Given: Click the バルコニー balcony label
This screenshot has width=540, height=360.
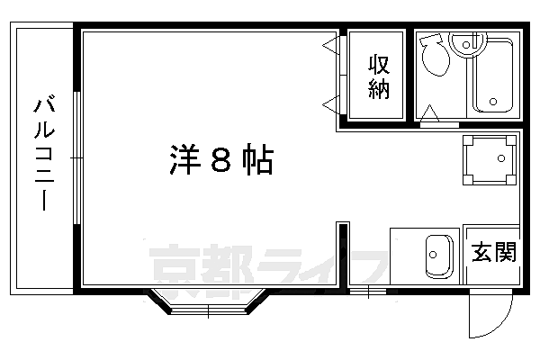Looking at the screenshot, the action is coord(41,153).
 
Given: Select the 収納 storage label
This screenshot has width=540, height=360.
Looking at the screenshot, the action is coord(378,76).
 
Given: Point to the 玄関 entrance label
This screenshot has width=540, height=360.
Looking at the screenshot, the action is coord(494,251).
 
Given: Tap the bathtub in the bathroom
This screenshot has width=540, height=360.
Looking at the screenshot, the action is coord(492,76).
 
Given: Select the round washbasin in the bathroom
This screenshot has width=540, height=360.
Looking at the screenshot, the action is coord(467,40).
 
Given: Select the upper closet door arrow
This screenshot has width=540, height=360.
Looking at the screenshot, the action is coord(330,44).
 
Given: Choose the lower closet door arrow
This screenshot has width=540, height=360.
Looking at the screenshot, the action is coord(330,102).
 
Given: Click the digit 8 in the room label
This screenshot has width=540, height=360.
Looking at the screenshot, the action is coord(220,160).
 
